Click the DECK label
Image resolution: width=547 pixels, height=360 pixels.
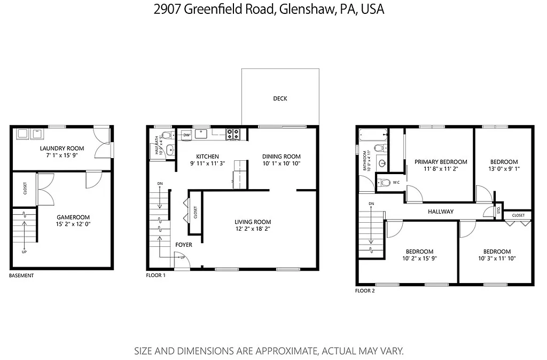point(280,98)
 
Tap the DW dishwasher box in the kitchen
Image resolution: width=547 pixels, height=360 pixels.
point(186,135)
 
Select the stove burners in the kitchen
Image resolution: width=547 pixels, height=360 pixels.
point(233,134)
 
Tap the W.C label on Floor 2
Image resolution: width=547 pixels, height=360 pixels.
point(396,183)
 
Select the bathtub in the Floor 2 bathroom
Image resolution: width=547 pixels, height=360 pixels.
point(373,134)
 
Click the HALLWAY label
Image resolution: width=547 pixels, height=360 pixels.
point(441,212)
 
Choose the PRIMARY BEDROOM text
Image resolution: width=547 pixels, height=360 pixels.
point(441,162)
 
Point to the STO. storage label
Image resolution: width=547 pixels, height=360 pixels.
point(498,209)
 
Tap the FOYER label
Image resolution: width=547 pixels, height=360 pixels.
point(184,245)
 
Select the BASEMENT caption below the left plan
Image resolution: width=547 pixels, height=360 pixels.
point(21,276)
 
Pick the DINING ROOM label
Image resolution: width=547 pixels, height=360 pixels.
point(282,156)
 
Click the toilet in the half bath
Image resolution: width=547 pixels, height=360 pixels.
point(166,135)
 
